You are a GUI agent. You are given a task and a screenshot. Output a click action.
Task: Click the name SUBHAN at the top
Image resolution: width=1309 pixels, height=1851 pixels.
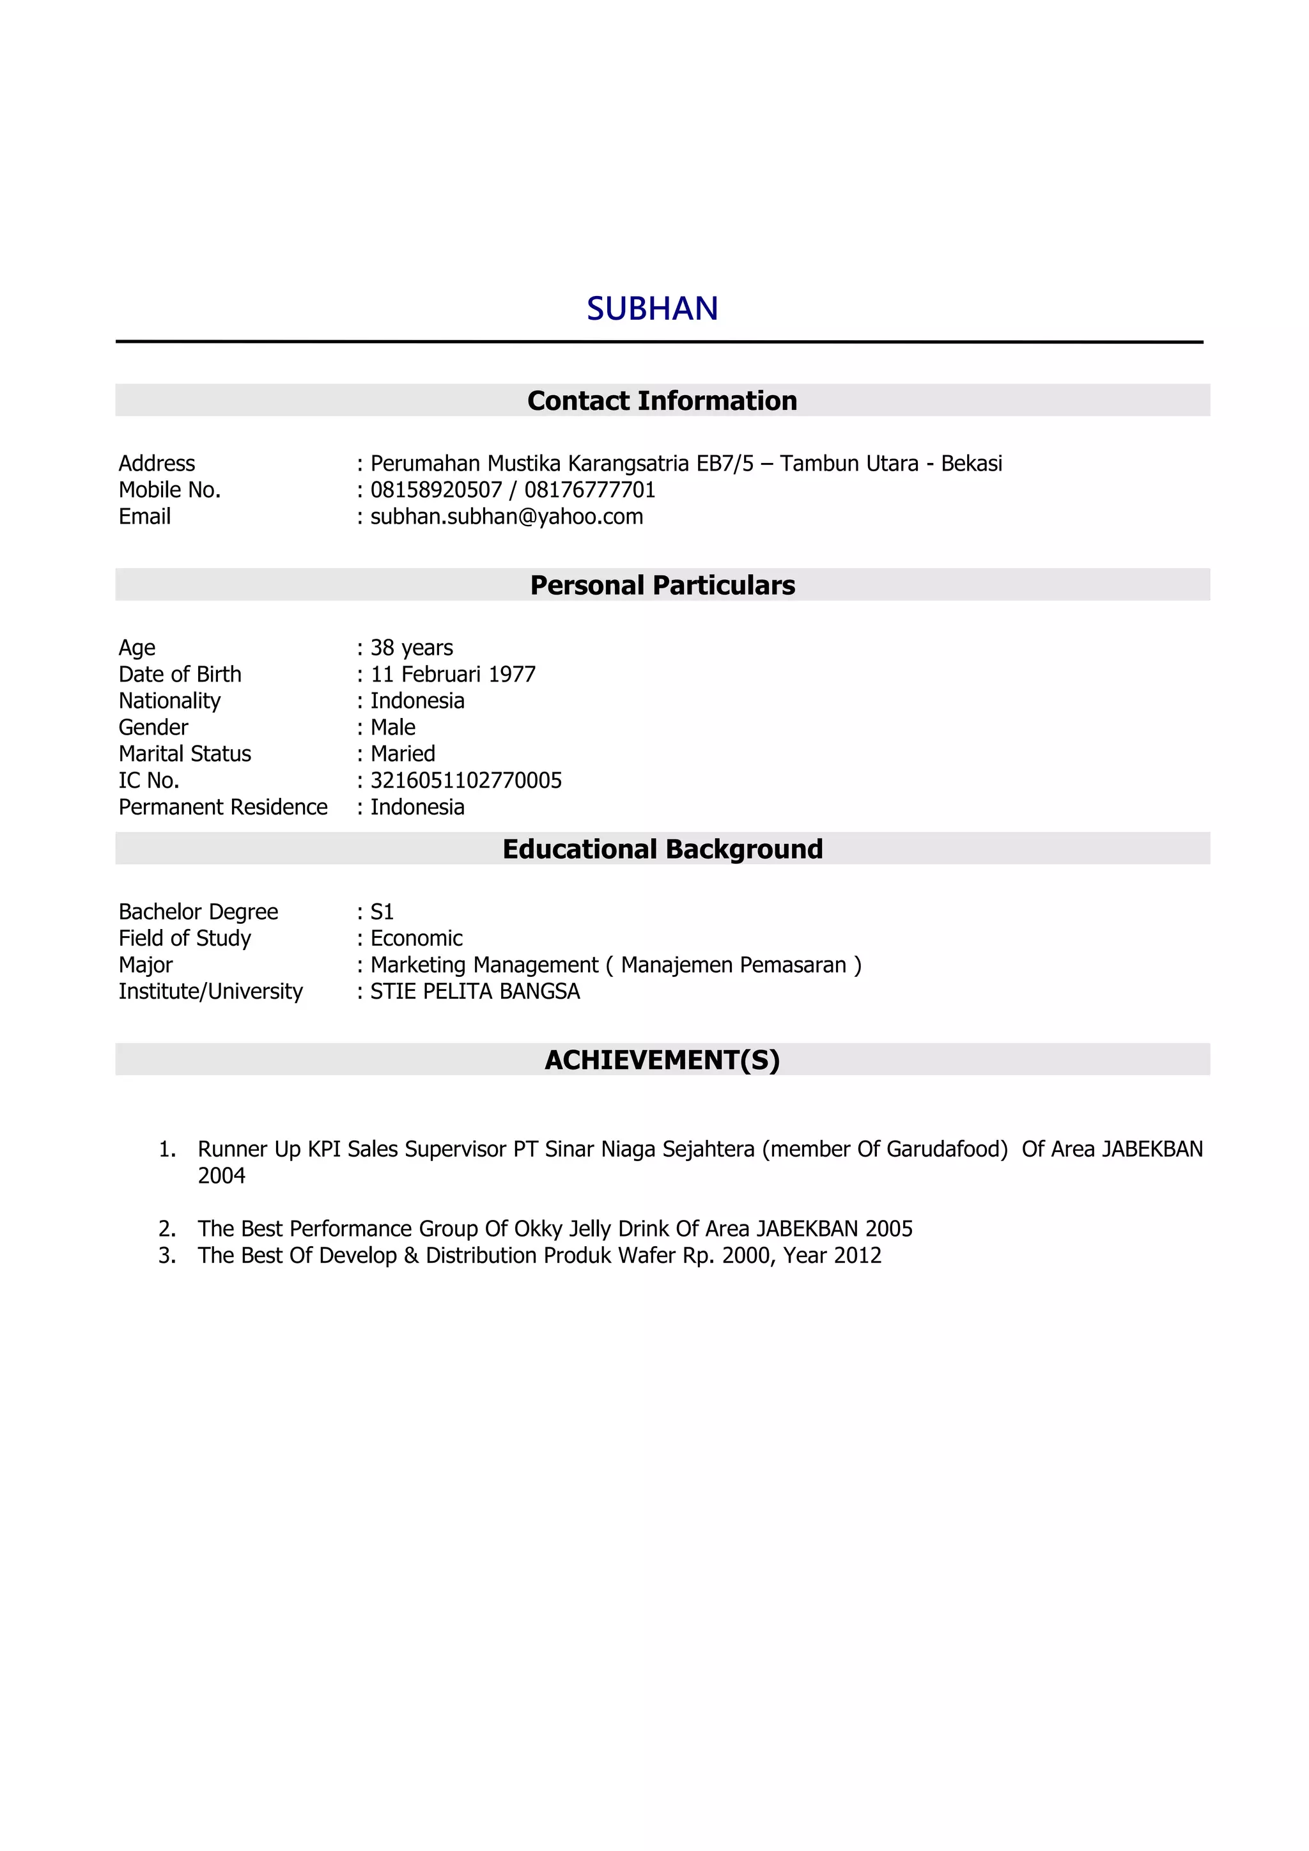pyautogui.click(x=652, y=309)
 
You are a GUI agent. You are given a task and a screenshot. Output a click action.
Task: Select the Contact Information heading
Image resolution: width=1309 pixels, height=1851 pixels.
pyautogui.click(x=662, y=401)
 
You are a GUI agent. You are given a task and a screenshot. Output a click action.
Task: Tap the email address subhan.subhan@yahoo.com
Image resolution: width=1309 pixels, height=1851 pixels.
pyautogui.click(x=506, y=517)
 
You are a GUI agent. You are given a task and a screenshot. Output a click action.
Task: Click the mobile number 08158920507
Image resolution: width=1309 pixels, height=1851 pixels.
pyautogui.click(x=436, y=490)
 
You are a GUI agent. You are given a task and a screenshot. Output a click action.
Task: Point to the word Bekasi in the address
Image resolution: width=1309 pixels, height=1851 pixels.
pyautogui.click(x=972, y=464)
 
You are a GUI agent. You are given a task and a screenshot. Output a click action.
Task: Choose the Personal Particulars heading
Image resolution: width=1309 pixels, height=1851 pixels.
pyautogui.click(x=662, y=585)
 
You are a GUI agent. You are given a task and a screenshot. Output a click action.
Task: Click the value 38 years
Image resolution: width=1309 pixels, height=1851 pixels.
pyautogui.click(x=411, y=648)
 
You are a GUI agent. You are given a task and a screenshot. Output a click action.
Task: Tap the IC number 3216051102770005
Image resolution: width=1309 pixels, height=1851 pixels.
pyautogui.click(x=466, y=781)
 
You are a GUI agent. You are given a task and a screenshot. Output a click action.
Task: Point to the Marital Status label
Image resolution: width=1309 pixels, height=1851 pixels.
pyautogui.click(x=185, y=754)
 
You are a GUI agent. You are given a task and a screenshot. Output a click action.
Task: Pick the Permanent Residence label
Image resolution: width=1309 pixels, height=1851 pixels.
pyautogui.click(x=222, y=807)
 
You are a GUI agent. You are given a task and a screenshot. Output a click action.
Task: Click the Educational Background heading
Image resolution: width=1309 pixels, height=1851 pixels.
pyautogui.click(x=662, y=849)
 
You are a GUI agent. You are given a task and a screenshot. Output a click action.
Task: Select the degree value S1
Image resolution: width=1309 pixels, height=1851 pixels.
pyautogui.click(x=382, y=912)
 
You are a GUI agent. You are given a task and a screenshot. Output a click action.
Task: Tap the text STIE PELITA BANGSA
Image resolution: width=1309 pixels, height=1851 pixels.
pyautogui.click(x=475, y=992)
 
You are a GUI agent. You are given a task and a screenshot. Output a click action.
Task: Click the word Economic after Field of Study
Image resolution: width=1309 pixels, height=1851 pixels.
pyautogui.click(x=416, y=939)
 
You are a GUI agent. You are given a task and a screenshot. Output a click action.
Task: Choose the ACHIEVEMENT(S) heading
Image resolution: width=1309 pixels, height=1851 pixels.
pyautogui.click(x=662, y=1060)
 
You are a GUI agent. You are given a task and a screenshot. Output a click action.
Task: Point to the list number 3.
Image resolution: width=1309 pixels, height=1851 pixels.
pyautogui.click(x=166, y=1256)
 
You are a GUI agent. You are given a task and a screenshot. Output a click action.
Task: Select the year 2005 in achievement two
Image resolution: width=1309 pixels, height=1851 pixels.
pyautogui.click(x=888, y=1230)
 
